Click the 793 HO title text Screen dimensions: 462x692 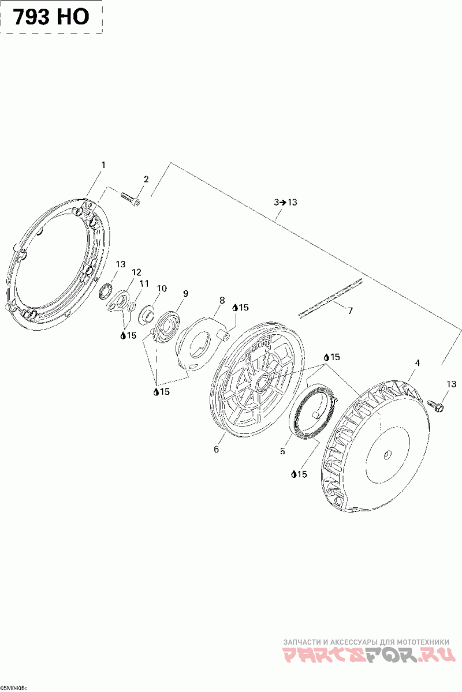[51, 17]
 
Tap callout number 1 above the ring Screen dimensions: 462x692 [104, 165]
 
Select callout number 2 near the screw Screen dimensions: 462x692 [146, 179]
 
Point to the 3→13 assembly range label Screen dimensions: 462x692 [285, 202]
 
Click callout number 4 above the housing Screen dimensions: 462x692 [418, 363]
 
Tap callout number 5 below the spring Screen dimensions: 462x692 [282, 451]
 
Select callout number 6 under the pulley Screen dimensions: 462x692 [217, 449]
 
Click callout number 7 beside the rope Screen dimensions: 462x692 [351, 311]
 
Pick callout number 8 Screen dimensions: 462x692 [222, 301]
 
